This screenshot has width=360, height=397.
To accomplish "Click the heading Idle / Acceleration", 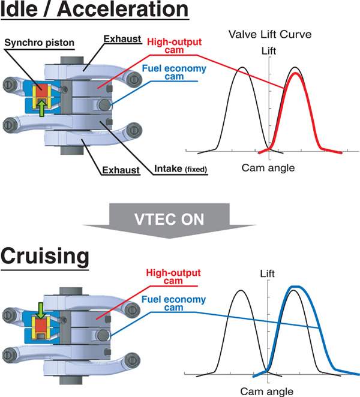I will [94, 11].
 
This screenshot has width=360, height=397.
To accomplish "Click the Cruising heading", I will [45, 257].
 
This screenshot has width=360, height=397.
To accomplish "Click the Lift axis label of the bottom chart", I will [268, 275].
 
